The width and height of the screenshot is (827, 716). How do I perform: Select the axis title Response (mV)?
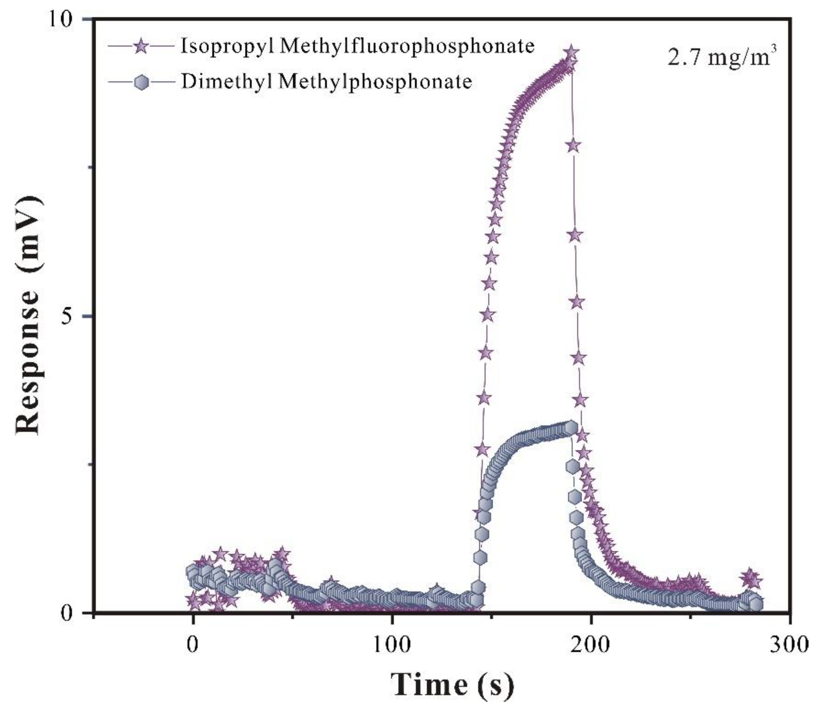coord(29,316)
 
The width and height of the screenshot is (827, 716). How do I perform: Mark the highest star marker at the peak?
coord(571,53)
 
